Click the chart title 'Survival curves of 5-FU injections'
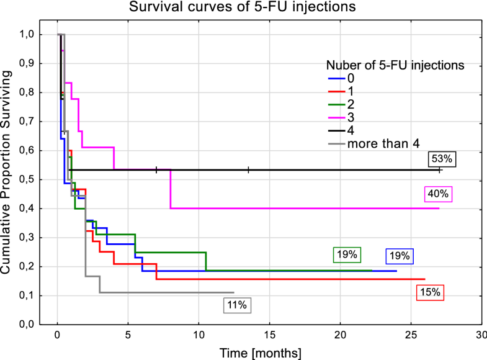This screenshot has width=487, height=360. pos(244,9)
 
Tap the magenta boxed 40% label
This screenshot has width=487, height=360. pos(438,194)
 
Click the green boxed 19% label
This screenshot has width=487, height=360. pos(346,254)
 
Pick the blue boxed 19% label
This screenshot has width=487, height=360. pos(400,256)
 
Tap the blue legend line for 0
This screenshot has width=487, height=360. pos(336,78)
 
